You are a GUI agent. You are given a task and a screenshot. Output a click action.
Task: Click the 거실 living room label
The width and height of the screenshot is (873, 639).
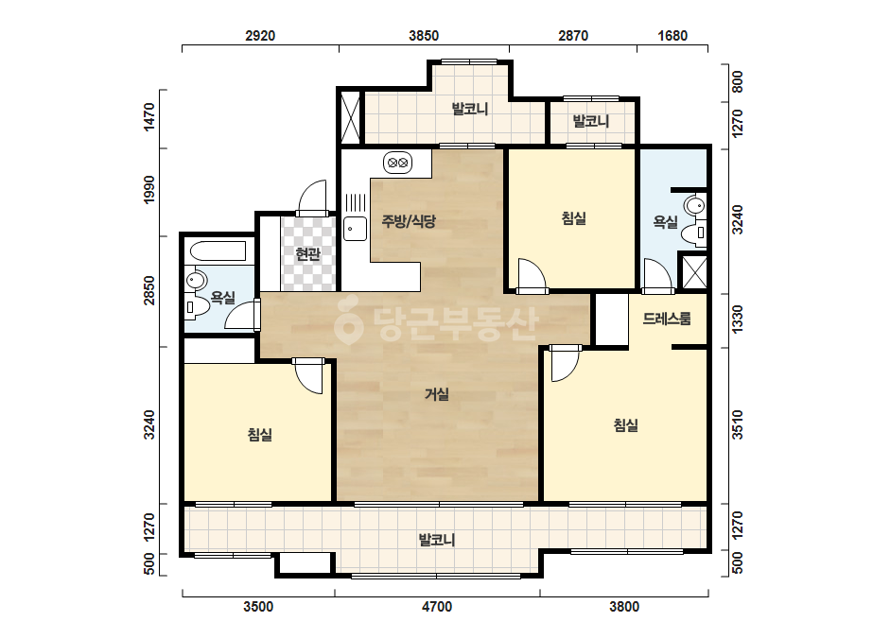[437, 394]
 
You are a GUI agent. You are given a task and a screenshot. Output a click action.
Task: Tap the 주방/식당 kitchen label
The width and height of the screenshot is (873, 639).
[408, 221]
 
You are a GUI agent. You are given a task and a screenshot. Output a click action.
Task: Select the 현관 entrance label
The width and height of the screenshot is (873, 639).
[308, 254]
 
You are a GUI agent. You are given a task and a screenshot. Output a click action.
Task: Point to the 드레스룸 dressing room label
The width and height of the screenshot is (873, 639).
[667, 319]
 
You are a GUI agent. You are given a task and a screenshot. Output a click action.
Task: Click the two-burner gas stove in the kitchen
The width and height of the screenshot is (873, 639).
[397, 164]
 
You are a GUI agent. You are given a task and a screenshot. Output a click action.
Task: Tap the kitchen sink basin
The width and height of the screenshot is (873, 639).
[355, 229]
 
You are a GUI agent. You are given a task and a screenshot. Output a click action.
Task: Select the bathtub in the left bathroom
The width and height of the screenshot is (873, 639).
[218, 251]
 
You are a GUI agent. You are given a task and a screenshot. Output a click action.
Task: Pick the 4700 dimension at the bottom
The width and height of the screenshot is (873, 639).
[437, 607]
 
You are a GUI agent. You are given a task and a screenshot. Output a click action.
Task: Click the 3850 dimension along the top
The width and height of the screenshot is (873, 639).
[424, 36]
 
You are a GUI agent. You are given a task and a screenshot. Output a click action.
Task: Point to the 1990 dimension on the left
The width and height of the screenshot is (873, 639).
[148, 190]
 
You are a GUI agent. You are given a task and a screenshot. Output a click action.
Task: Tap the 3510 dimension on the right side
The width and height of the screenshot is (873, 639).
[737, 424]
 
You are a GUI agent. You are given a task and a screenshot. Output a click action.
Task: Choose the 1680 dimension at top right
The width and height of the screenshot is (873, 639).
[672, 36]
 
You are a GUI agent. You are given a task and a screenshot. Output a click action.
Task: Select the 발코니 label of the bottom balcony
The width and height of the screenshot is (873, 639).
[437, 540]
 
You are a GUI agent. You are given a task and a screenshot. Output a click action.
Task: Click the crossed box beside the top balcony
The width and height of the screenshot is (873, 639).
[351, 117]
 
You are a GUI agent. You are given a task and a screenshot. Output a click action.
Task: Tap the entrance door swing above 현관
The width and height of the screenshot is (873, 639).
[312, 199]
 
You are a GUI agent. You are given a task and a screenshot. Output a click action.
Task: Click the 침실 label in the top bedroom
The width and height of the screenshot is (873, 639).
[573, 218]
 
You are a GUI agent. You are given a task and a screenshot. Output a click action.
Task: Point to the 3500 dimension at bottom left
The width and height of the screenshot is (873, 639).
[258, 607]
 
